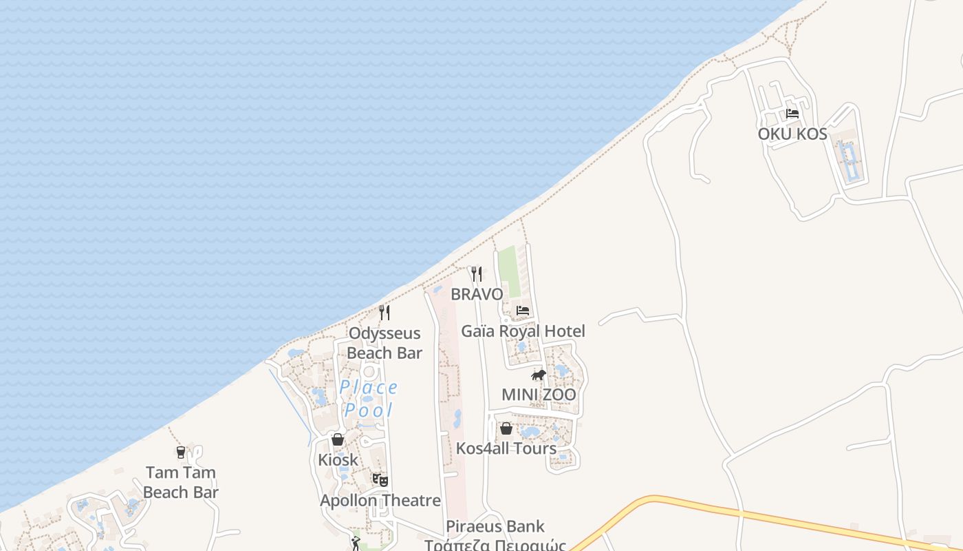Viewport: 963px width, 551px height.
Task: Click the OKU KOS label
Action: tap(792, 134)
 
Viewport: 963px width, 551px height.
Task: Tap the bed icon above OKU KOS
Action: tap(792, 114)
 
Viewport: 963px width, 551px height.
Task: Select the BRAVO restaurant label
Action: tap(477, 294)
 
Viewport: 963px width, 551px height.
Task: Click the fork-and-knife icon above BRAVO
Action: tap(476, 274)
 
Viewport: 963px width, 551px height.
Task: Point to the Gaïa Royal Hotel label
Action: tap(523, 331)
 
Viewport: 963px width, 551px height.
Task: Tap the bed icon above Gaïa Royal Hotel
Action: tap(523, 311)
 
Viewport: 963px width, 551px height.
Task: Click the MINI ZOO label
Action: tap(539, 395)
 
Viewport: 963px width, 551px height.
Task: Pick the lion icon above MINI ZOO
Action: tap(539, 375)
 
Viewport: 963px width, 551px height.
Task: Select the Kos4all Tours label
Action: tap(506, 448)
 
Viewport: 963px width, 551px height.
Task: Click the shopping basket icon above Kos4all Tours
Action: tap(506, 428)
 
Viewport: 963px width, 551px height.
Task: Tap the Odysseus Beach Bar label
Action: tap(384, 343)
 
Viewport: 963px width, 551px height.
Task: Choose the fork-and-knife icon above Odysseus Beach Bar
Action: tap(385, 313)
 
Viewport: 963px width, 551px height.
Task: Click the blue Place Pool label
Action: tap(369, 399)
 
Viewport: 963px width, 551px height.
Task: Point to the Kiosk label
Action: tap(338, 459)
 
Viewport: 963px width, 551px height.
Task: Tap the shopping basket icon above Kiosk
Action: tap(338, 439)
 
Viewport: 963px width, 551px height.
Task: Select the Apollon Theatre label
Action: tap(380, 500)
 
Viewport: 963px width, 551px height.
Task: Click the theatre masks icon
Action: tap(380, 479)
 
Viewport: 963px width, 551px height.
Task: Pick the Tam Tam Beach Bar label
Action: tap(181, 482)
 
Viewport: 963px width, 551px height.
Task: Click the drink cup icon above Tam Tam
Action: tap(181, 453)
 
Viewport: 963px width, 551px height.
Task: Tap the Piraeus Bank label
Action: tap(495, 527)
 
